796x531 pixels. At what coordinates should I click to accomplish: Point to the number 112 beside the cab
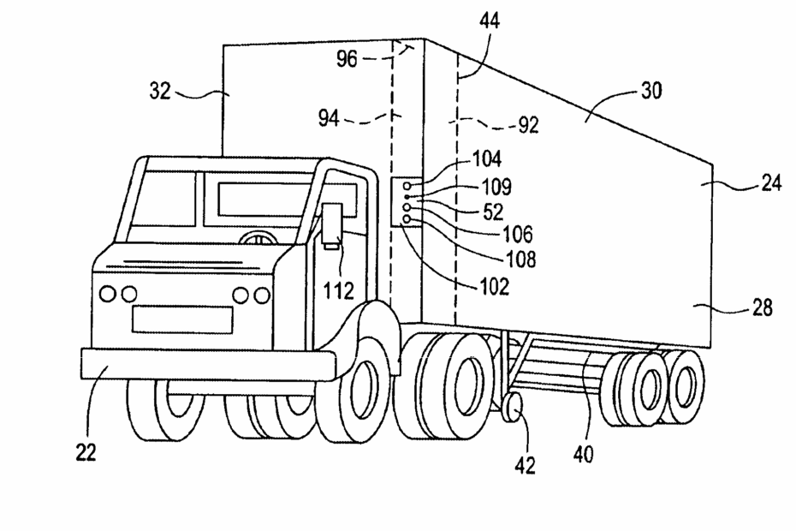tap(338, 291)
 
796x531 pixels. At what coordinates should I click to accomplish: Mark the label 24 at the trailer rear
tap(769, 183)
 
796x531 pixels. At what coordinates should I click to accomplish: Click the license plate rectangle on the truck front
tap(182, 319)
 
